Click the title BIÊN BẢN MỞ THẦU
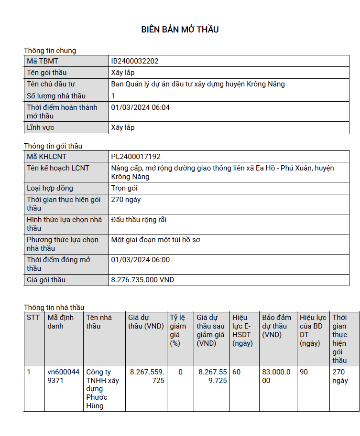[x=180, y=30]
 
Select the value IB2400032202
[x=135, y=61]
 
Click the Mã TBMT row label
[x=43, y=61]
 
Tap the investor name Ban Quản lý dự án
[x=198, y=84]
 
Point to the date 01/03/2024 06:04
[x=141, y=107]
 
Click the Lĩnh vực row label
[x=40, y=128]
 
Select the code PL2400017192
[x=136, y=156]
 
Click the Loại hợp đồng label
[x=50, y=188]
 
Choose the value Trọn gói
[x=124, y=188]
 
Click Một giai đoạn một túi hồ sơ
[x=155, y=240]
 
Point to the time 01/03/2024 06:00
[x=141, y=260]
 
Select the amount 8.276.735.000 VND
[x=142, y=280]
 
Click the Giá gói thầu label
[x=46, y=280]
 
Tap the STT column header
[x=33, y=318]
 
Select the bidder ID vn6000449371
[x=64, y=376]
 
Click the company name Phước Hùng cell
[x=103, y=389]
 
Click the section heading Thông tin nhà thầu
[x=54, y=308]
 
